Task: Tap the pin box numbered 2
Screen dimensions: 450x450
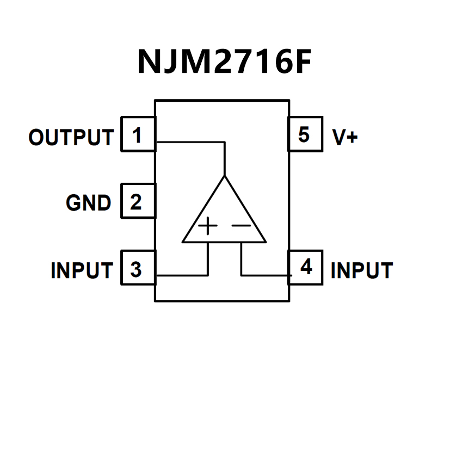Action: (x=137, y=202)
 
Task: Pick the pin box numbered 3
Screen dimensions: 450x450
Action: (x=137, y=269)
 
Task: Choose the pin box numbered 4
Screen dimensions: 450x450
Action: (x=306, y=267)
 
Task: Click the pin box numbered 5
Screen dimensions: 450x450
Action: (x=304, y=134)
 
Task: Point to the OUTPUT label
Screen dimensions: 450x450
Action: (x=71, y=138)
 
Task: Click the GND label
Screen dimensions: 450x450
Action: (x=88, y=203)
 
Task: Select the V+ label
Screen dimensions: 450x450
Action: (x=345, y=137)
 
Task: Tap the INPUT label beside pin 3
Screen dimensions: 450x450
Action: (x=82, y=270)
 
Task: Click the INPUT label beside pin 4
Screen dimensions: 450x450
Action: (x=361, y=270)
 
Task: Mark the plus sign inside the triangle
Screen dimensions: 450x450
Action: (x=207, y=225)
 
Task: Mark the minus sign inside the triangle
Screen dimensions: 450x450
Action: (x=241, y=225)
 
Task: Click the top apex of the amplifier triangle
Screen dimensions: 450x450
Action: (x=224, y=176)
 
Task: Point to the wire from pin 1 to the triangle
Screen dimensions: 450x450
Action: (x=190, y=143)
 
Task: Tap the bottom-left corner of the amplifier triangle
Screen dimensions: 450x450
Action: (x=183, y=242)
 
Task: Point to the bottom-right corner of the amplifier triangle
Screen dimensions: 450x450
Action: (x=266, y=242)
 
